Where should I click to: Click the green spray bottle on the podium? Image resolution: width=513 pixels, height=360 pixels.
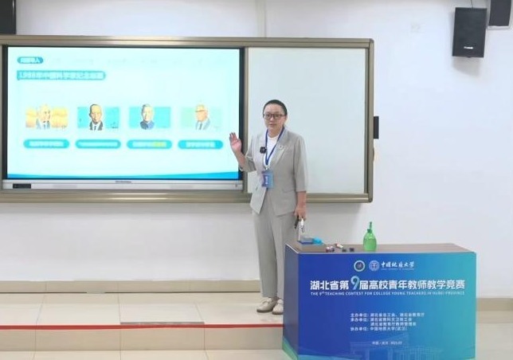[x=369, y=237]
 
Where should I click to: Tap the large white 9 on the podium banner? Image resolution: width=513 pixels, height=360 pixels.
[x=354, y=282]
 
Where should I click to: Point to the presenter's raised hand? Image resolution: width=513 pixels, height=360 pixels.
[x=235, y=143]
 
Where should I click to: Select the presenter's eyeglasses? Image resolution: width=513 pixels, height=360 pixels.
[x=273, y=116]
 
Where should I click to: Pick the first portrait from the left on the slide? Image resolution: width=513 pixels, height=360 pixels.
[x=46, y=118]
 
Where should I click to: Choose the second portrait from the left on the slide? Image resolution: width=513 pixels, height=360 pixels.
[x=97, y=118]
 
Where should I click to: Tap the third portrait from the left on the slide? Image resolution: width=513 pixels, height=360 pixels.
[x=149, y=118]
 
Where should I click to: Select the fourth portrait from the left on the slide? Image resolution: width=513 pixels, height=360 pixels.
[x=200, y=118]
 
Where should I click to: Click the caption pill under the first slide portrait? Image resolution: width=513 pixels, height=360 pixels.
[x=46, y=144]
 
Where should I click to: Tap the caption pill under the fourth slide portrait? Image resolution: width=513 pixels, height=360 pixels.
[x=200, y=144]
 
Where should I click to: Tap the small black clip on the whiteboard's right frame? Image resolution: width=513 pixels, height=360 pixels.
[x=375, y=127]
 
